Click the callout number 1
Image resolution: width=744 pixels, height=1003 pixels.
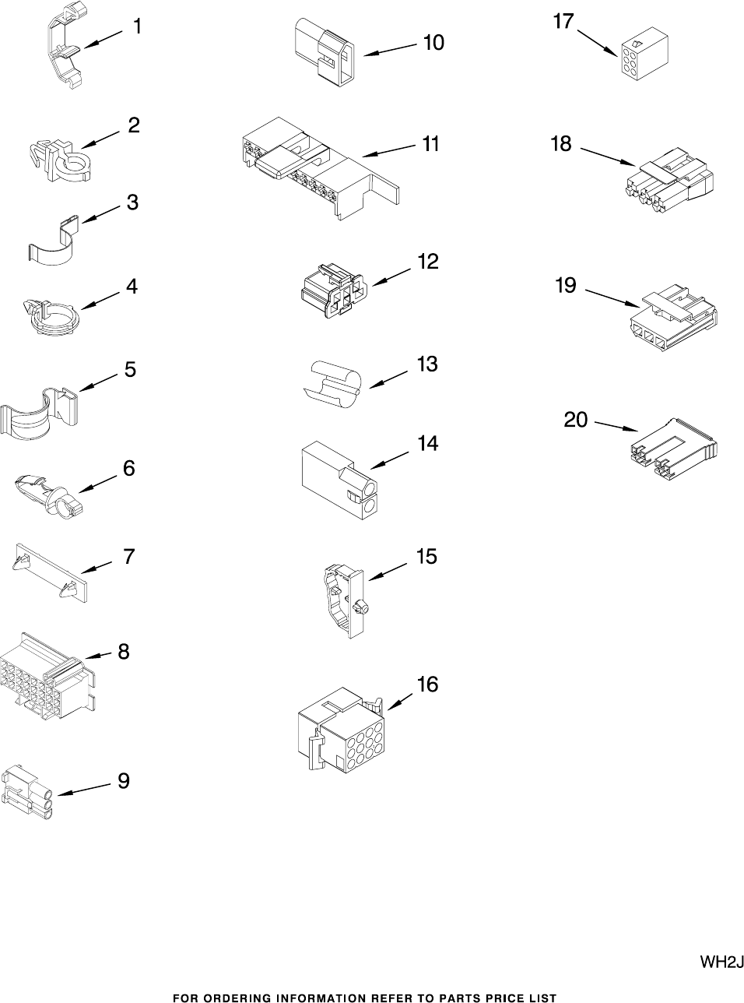click(137, 27)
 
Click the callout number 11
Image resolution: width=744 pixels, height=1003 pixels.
click(430, 145)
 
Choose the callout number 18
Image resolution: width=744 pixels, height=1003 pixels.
click(561, 144)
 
